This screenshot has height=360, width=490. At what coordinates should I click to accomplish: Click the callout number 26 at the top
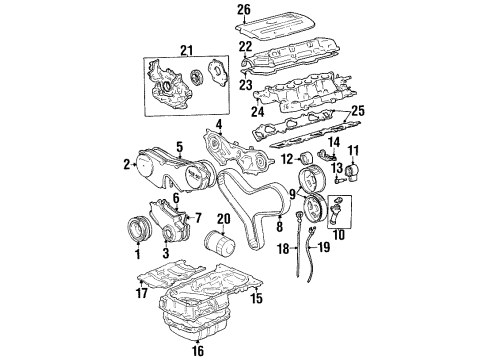[x=243, y=11]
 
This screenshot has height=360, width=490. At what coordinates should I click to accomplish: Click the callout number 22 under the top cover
[x=243, y=46]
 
